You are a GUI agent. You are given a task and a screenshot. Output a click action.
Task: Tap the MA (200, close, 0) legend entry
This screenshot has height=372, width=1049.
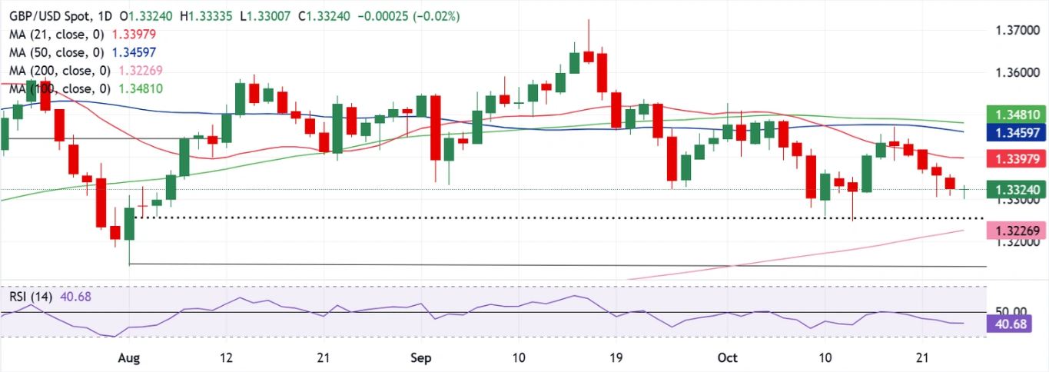click(x=55, y=70)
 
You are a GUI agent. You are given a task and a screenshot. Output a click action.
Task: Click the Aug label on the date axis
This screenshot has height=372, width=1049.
click(x=129, y=358)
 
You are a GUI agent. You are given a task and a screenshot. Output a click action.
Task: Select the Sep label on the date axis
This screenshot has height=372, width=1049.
click(x=421, y=358)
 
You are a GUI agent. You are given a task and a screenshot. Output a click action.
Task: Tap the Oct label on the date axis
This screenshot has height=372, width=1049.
click(x=726, y=358)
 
